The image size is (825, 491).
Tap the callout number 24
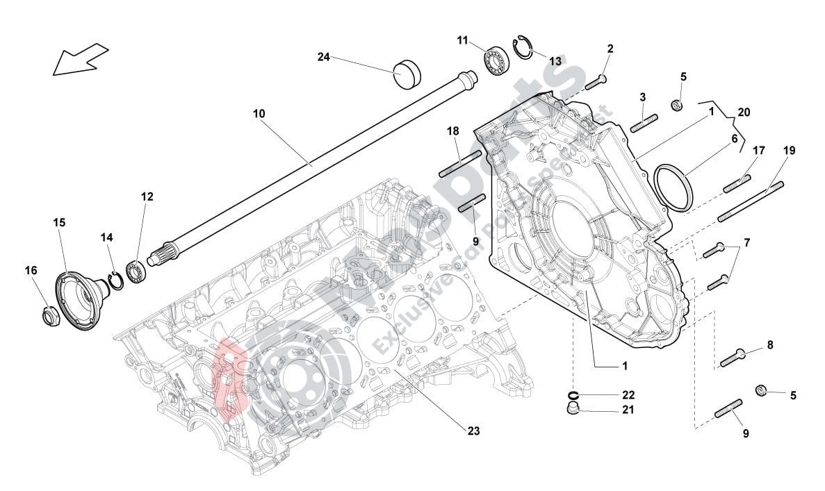click(x=324, y=57)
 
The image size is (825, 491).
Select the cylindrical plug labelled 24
click(x=407, y=74)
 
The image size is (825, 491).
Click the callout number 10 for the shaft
click(x=259, y=113)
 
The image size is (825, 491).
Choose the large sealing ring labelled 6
click(x=675, y=187)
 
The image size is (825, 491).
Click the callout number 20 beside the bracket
click(x=744, y=112)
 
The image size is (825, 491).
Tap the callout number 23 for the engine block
click(x=473, y=431)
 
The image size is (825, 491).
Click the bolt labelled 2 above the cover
click(x=598, y=82)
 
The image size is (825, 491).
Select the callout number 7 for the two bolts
click(x=746, y=243)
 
